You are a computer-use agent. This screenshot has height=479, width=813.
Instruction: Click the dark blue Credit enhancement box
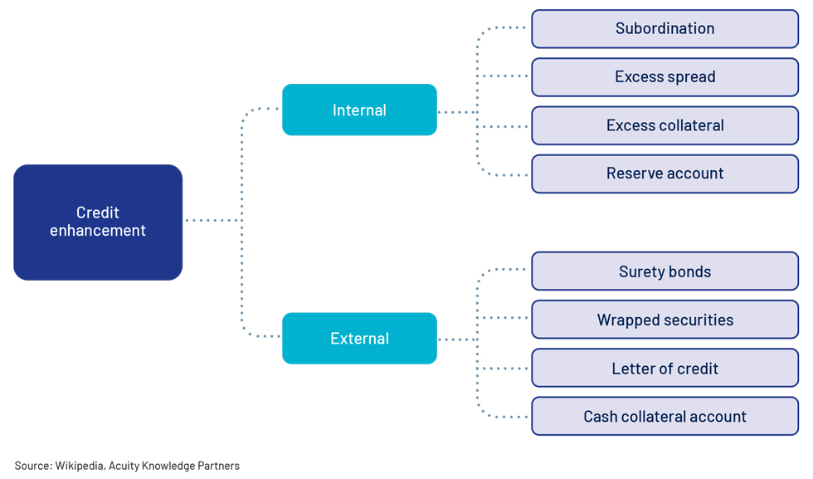(x=98, y=222)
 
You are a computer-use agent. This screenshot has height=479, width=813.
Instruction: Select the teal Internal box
(x=359, y=110)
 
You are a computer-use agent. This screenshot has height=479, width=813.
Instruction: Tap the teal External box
(x=359, y=339)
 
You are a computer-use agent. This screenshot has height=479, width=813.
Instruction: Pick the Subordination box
(x=665, y=28)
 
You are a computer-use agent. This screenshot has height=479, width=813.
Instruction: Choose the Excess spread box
(x=665, y=77)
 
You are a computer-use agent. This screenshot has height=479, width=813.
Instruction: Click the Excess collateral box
(x=665, y=125)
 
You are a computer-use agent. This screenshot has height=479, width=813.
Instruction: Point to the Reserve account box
(x=665, y=174)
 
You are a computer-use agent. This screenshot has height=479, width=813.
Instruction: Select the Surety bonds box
(x=665, y=271)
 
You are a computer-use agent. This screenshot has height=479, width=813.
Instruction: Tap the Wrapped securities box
(x=665, y=320)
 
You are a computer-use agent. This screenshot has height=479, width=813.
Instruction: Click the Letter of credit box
(x=665, y=368)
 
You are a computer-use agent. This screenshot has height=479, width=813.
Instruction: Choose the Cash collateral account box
(x=665, y=416)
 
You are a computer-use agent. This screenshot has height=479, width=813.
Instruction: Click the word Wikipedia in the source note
(x=80, y=466)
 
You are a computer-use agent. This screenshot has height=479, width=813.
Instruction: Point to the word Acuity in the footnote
(x=124, y=466)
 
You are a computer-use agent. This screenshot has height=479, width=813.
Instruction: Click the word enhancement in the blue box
(x=98, y=231)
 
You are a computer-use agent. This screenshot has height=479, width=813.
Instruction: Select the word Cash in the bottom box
(x=601, y=416)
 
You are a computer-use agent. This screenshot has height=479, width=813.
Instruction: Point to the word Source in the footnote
(x=32, y=466)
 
